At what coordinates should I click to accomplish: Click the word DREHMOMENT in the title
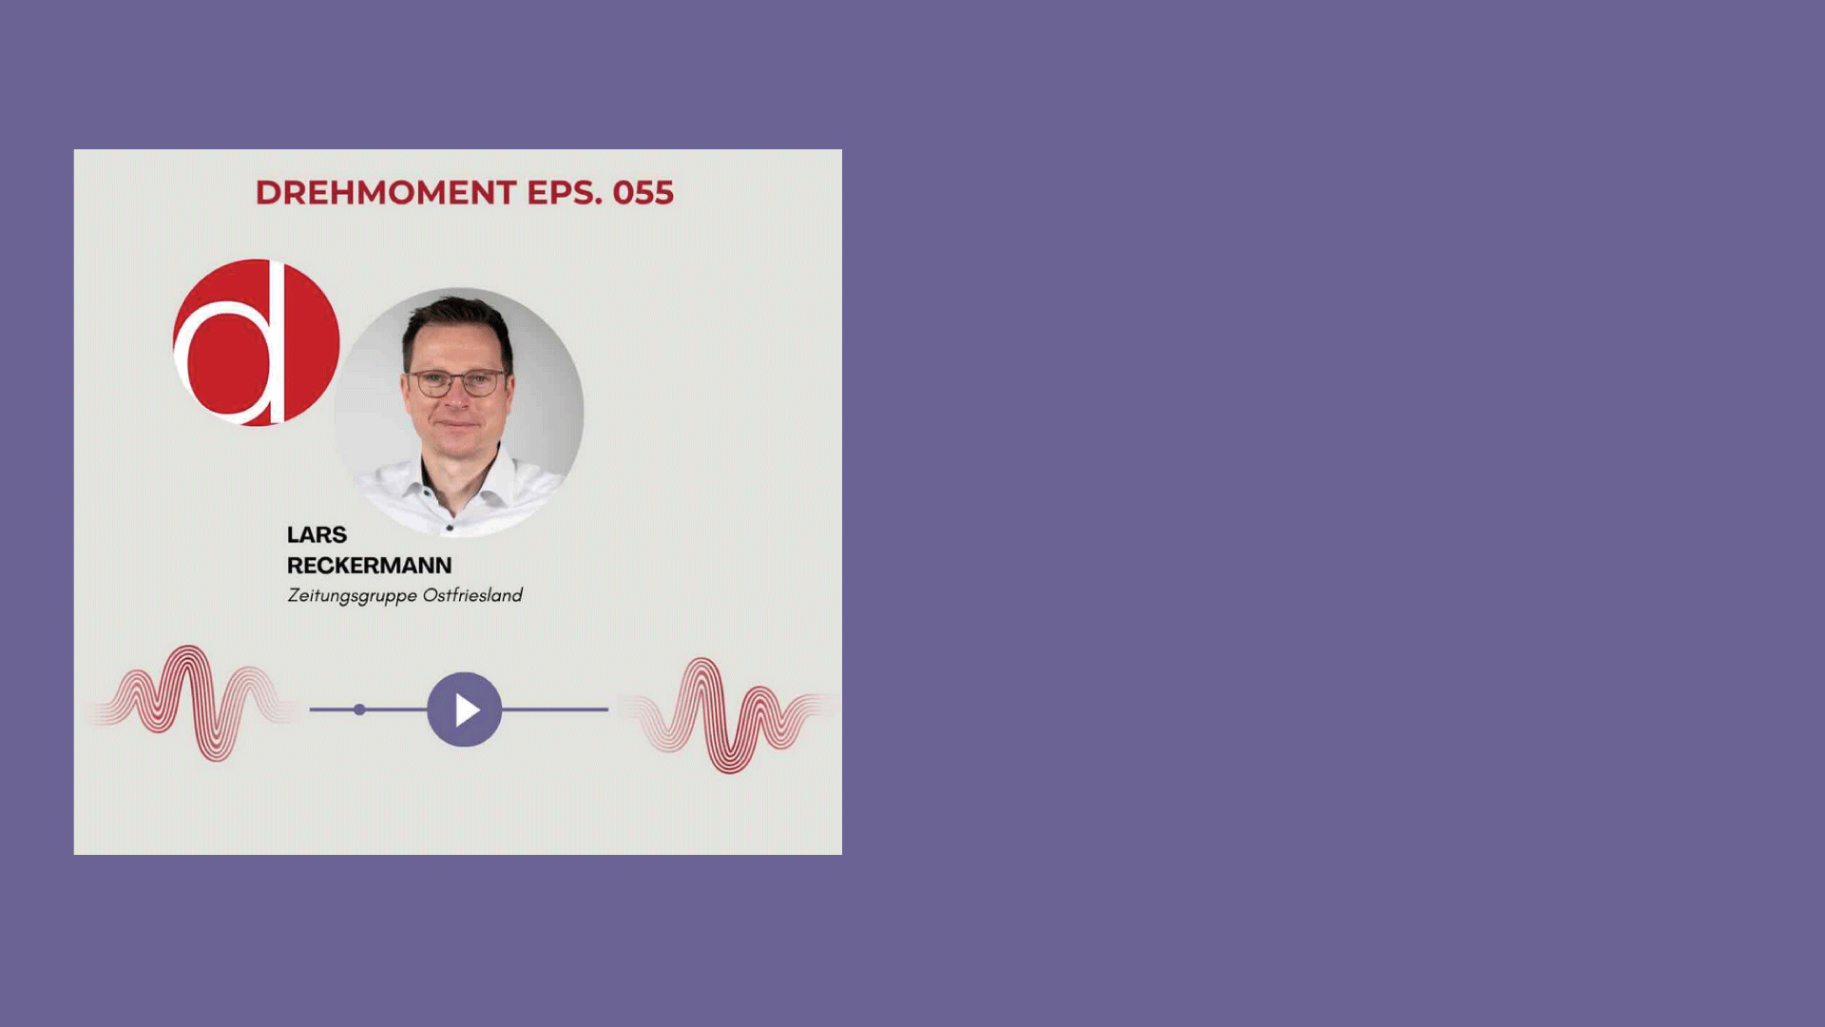[x=386, y=192]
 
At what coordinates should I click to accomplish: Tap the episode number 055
[x=644, y=192]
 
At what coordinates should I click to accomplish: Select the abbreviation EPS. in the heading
[x=565, y=192]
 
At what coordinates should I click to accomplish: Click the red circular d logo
[x=256, y=342]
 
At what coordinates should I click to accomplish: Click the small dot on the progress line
[x=359, y=709]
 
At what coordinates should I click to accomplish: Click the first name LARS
[x=317, y=534]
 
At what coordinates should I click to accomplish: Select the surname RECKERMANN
[x=370, y=565]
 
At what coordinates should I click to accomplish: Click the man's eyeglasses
[x=457, y=382]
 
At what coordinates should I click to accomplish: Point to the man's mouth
[x=457, y=425]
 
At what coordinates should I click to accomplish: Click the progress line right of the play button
[x=555, y=709]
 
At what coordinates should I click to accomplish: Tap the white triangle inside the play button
[x=467, y=709]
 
